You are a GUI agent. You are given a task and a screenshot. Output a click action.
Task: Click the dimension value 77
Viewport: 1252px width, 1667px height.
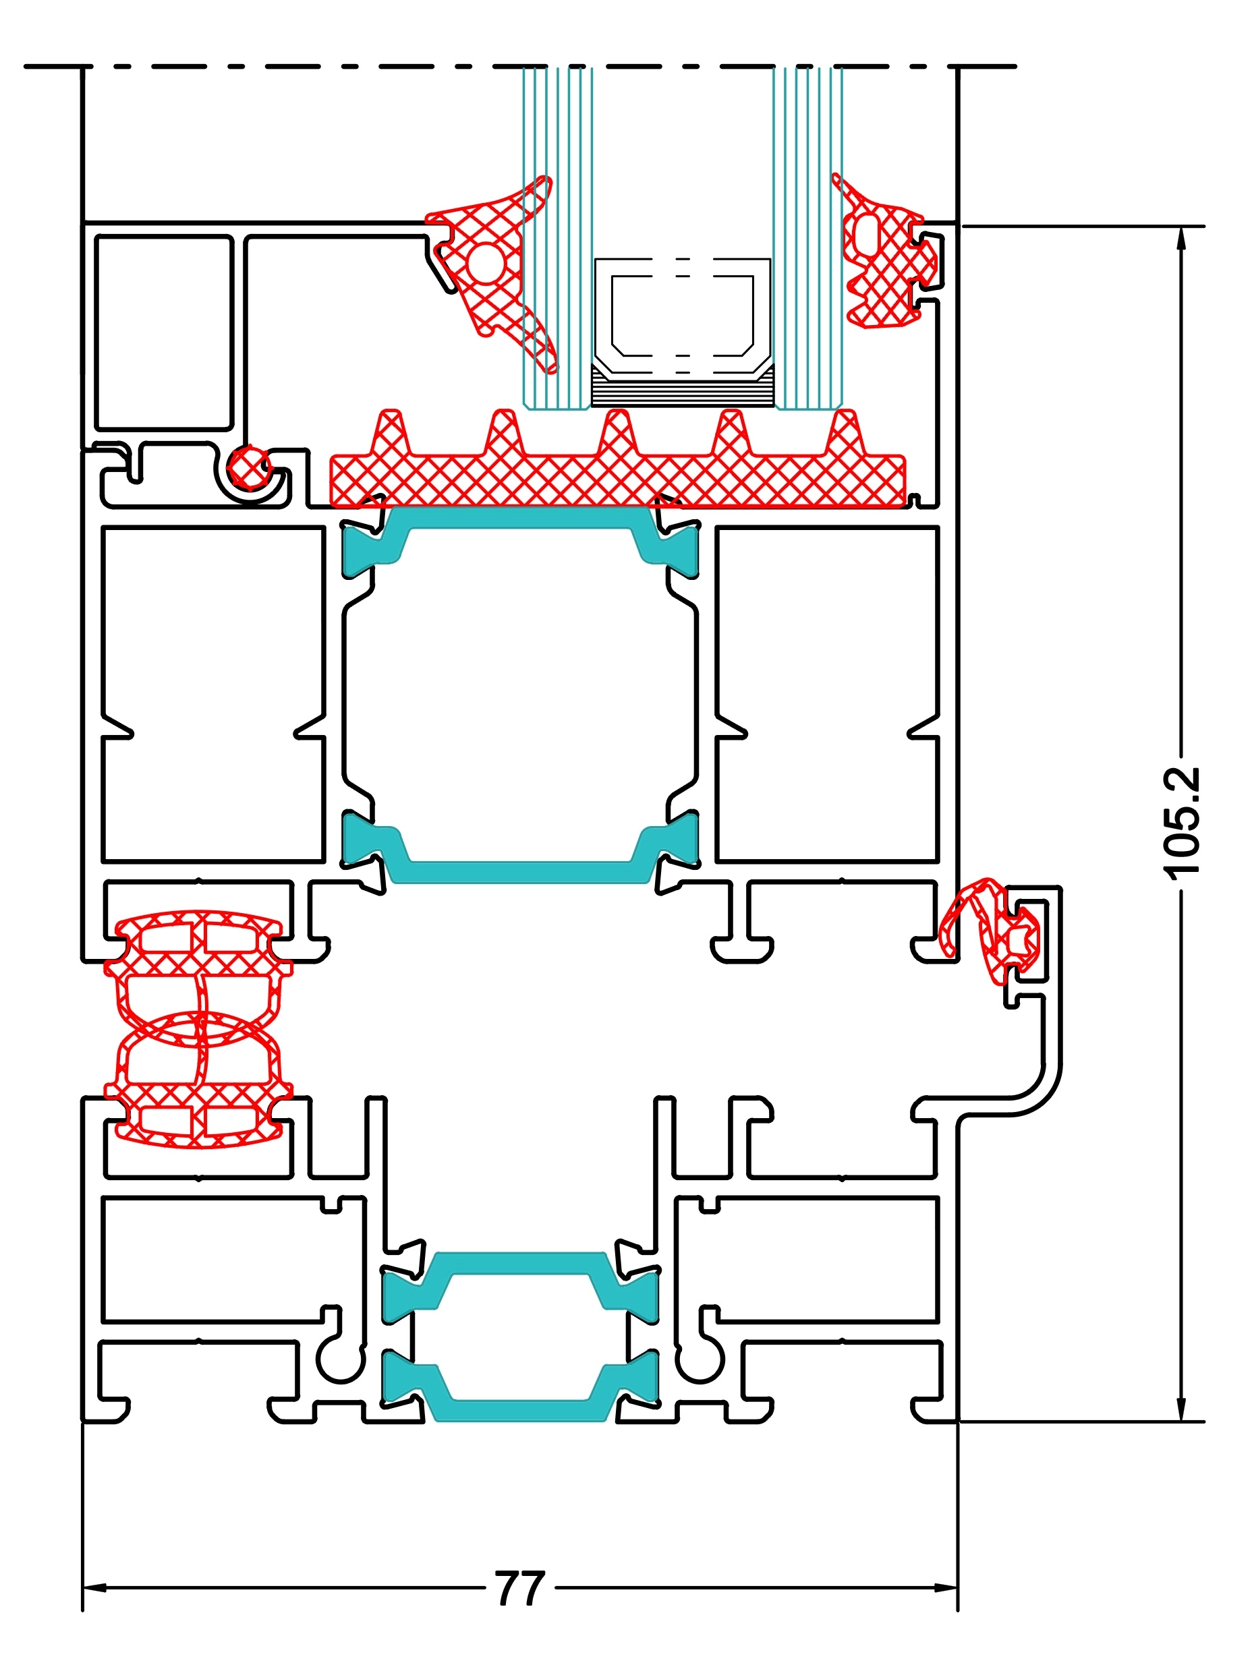pyautogui.click(x=519, y=1588)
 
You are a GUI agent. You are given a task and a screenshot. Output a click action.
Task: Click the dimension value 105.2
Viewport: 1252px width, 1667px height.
pyautogui.click(x=1180, y=822)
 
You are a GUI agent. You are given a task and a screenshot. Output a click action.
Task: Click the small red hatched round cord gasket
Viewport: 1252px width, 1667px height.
pyautogui.click(x=248, y=467)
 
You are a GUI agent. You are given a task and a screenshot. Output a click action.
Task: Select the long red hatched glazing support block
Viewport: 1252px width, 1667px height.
pyautogui.click(x=618, y=479)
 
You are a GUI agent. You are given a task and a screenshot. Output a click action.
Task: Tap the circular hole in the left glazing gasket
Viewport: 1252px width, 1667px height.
pyautogui.click(x=486, y=263)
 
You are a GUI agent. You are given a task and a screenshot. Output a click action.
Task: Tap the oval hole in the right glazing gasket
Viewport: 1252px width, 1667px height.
pyautogui.click(x=867, y=233)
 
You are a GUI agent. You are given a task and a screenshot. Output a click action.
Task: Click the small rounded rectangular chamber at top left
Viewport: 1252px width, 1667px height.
pyautogui.click(x=163, y=332)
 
